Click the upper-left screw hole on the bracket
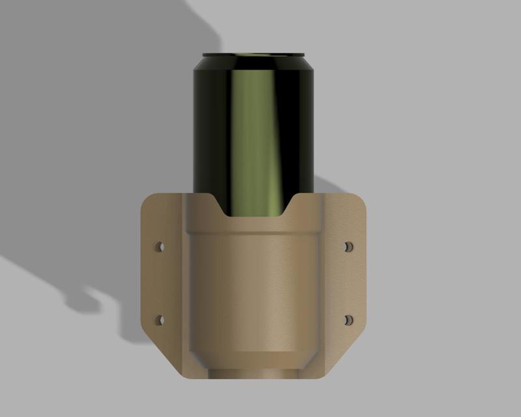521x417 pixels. point(159,248)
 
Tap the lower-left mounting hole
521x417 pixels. point(159,320)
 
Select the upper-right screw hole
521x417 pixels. point(348,248)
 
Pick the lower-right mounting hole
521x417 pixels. point(348,320)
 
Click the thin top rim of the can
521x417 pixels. point(253,55)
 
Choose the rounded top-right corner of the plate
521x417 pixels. point(360,199)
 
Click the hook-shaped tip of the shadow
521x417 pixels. point(81,303)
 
